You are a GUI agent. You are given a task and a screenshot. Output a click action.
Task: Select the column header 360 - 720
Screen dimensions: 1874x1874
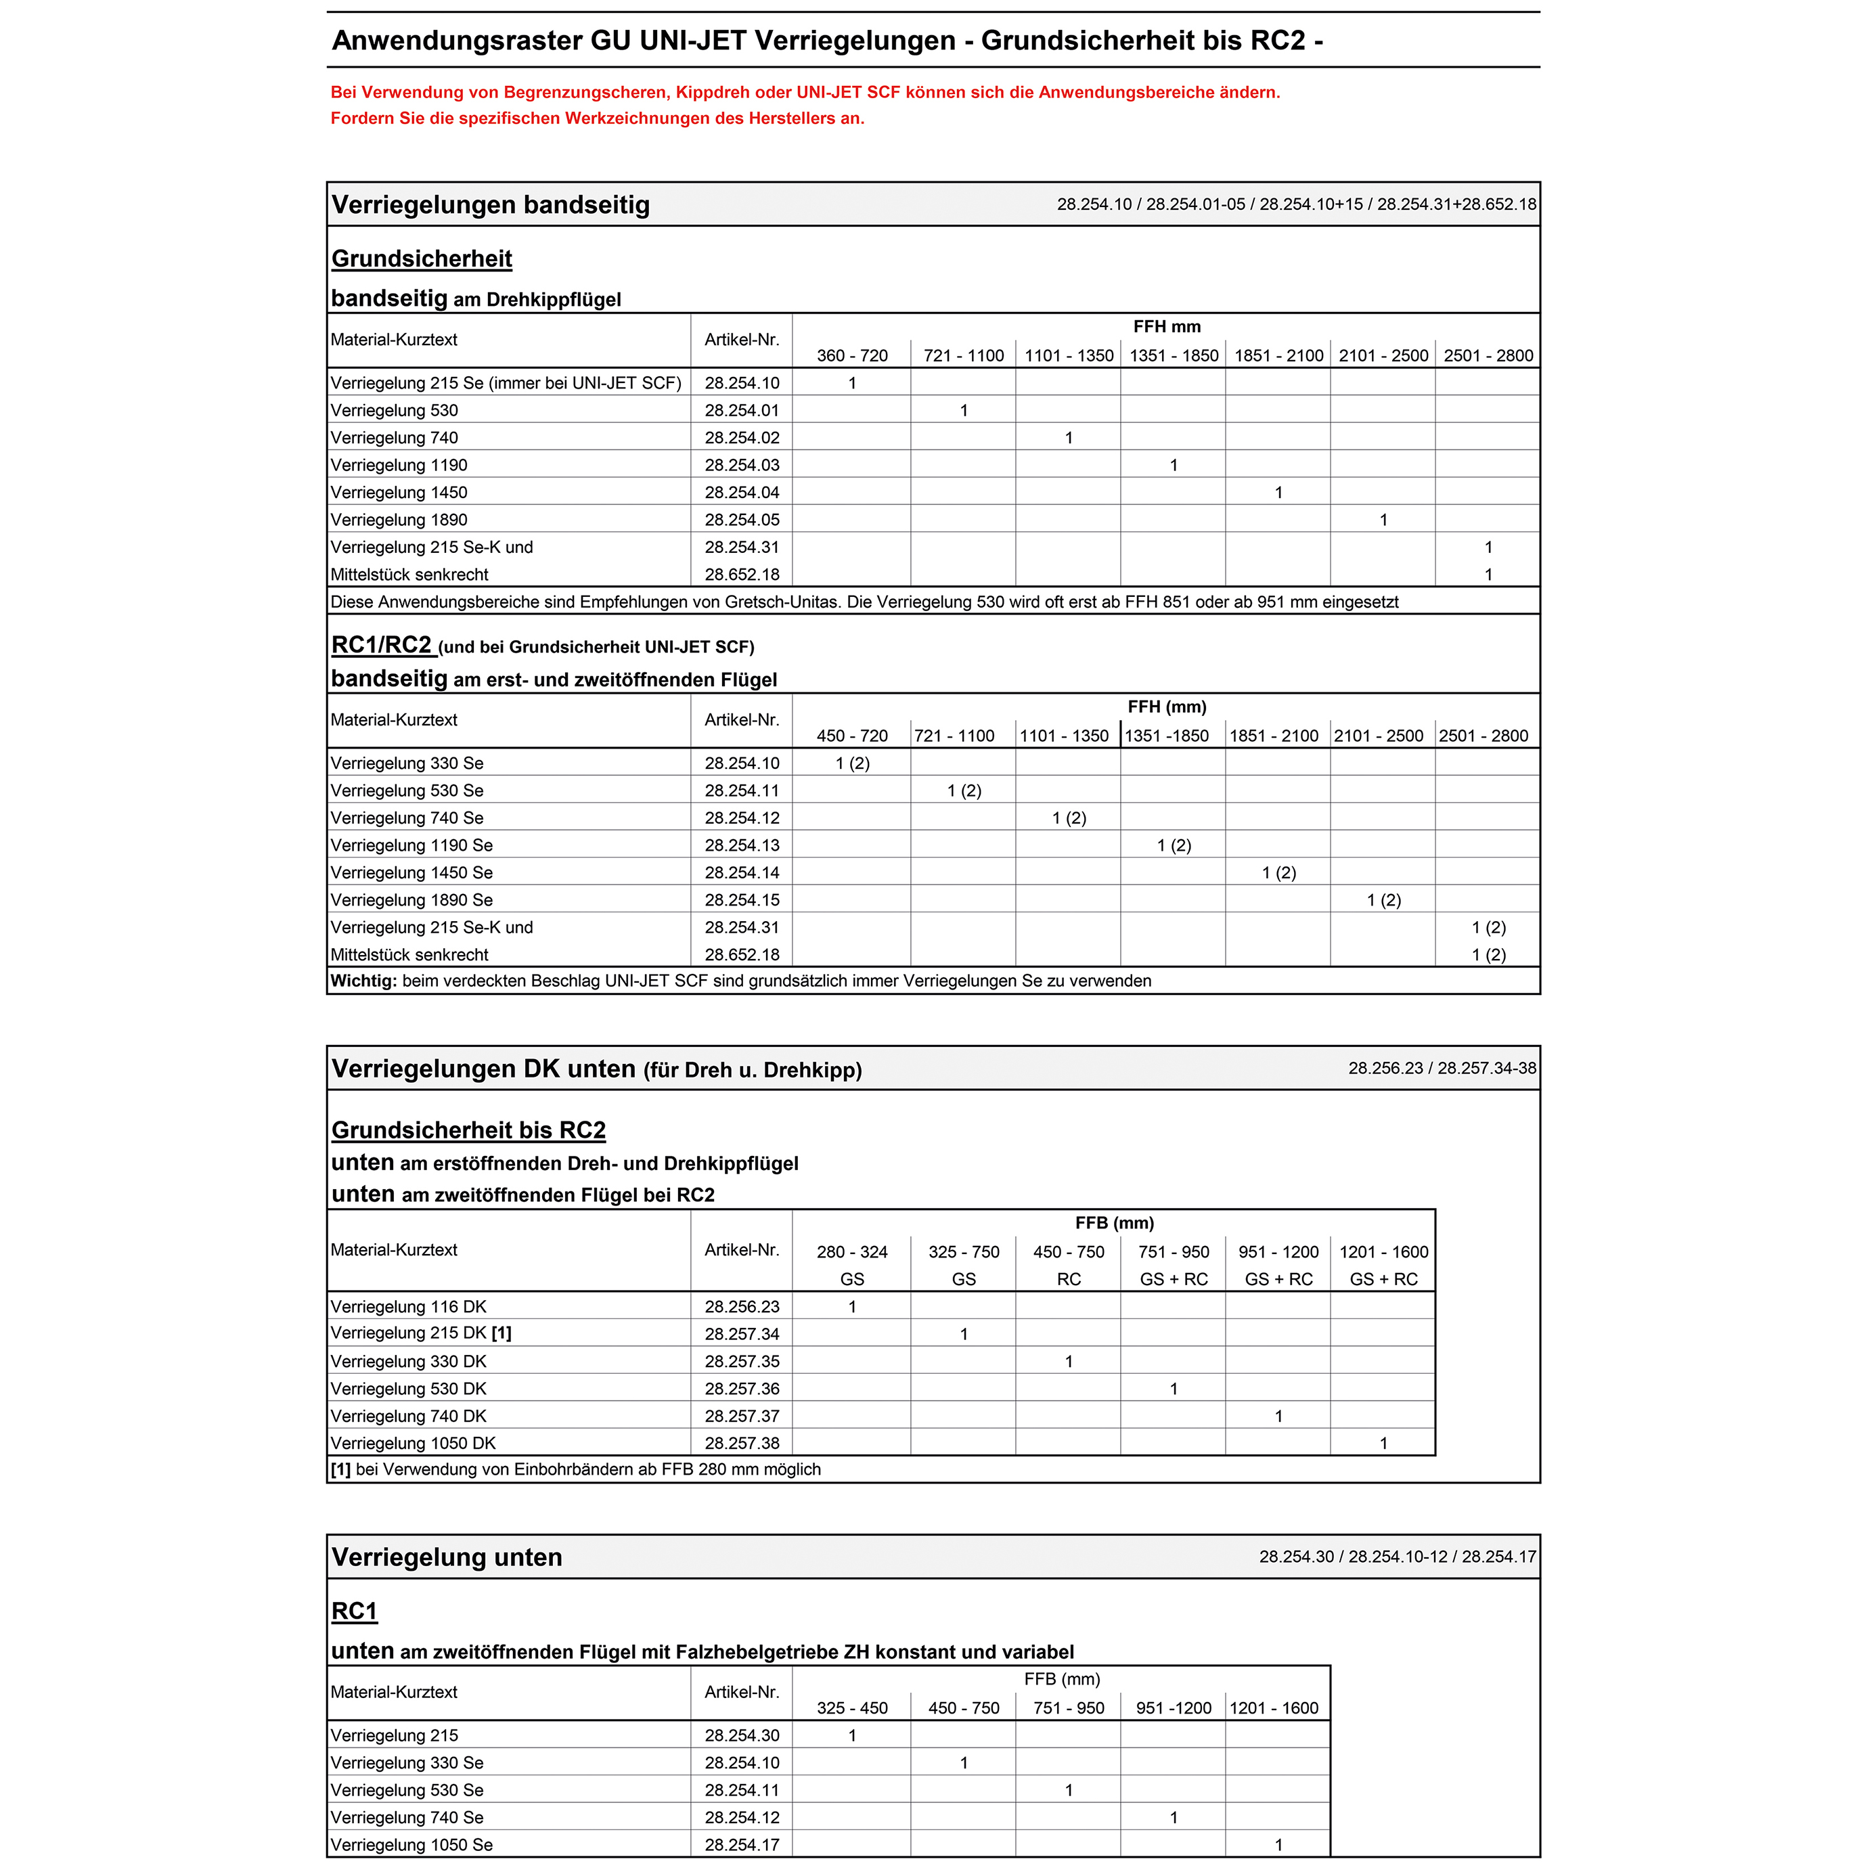tap(851, 356)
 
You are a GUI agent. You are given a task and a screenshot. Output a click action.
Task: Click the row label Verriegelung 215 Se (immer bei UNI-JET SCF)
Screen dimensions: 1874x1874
tap(506, 383)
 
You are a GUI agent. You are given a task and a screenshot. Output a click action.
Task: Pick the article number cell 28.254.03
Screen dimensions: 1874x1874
tap(741, 466)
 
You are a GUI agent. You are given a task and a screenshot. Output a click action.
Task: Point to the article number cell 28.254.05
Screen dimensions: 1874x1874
tap(741, 520)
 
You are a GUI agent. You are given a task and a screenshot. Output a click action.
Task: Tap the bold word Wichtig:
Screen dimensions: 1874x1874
tap(363, 981)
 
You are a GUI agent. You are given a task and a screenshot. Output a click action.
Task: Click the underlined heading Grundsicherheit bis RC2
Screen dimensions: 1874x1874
tap(468, 1130)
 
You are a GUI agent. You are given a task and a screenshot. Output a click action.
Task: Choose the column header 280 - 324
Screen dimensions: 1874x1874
tap(851, 1252)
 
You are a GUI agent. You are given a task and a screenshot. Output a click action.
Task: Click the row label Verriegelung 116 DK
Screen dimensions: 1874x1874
tap(408, 1307)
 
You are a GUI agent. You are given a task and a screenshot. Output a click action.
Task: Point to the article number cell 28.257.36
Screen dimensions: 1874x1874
tap(741, 1389)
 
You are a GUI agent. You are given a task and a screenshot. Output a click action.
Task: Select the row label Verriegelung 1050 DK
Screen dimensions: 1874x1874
tap(414, 1444)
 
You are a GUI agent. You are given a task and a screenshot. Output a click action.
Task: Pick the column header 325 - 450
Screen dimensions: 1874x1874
tap(851, 1708)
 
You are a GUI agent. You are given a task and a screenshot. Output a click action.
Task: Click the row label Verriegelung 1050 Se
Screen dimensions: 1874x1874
tap(411, 1845)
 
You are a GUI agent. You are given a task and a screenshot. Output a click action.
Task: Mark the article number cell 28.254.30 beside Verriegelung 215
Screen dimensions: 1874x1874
tap(741, 1735)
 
